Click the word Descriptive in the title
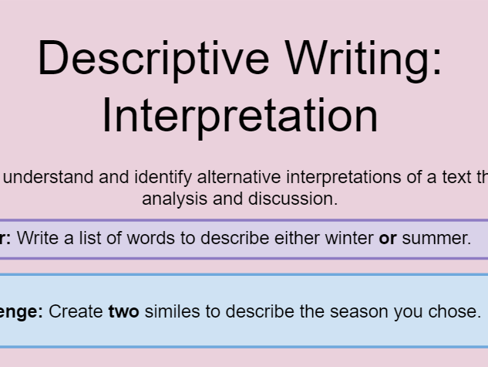pos(150,59)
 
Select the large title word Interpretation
pos(240,115)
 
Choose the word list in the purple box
pos(90,238)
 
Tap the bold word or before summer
pos(388,238)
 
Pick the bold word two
pos(123,311)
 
